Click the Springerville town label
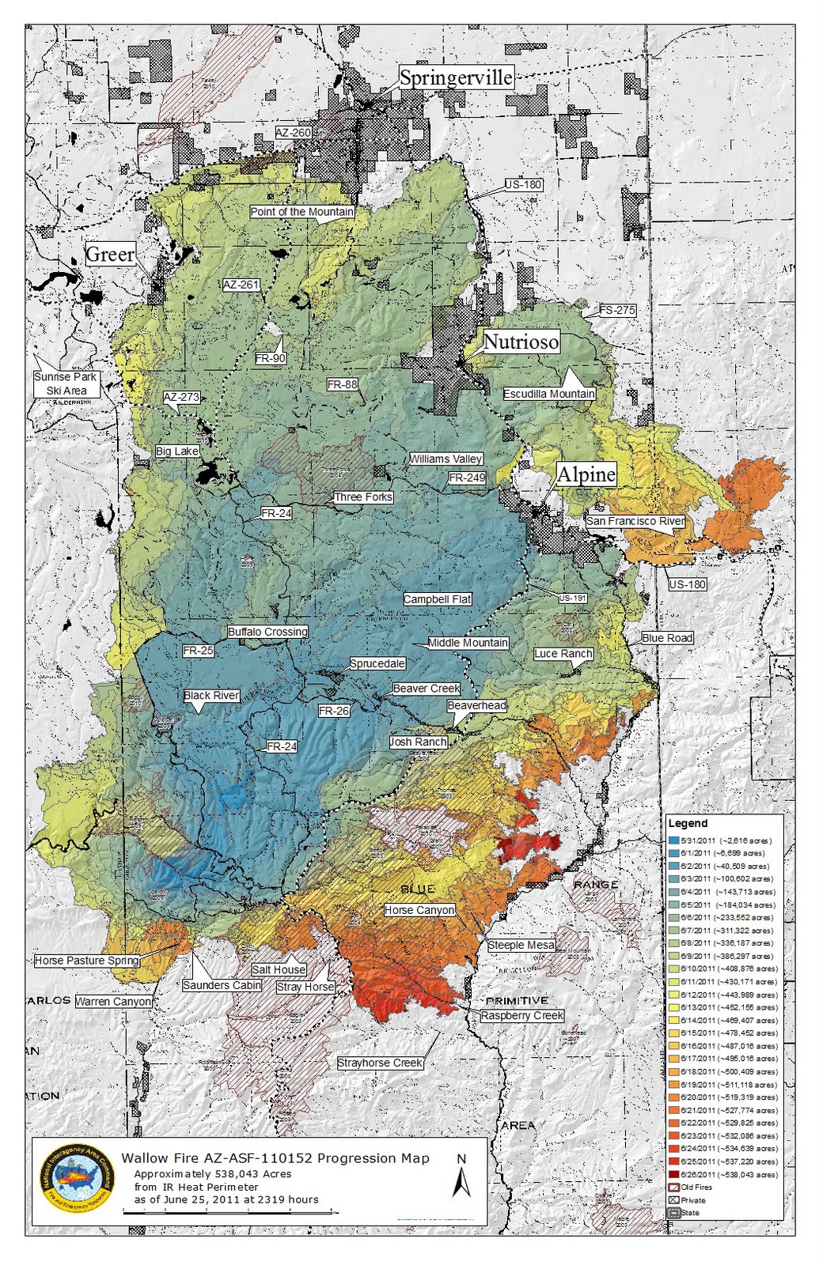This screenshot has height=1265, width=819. [x=456, y=77]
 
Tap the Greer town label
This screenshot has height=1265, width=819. [x=110, y=254]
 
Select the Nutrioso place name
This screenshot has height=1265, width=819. [x=521, y=342]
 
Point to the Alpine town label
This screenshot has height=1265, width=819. [x=586, y=474]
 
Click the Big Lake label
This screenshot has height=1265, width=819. [x=177, y=451]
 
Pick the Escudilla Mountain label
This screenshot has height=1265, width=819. [x=549, y=394]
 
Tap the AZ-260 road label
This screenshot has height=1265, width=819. [x=293, y=133]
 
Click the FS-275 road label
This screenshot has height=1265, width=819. [x=617, y=310]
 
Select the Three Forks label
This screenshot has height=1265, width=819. [x=363, y=497]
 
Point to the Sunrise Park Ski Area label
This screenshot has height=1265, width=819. [x=66, y=383]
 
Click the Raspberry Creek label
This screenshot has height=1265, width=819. [x=522, y=1015]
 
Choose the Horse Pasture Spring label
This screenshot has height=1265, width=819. [x=87, y=961]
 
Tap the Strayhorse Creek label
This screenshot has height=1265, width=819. [x=380, y=1063]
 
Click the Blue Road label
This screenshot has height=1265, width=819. [x=667, y=638]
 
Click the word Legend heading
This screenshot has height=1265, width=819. [x=688, y=823]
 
